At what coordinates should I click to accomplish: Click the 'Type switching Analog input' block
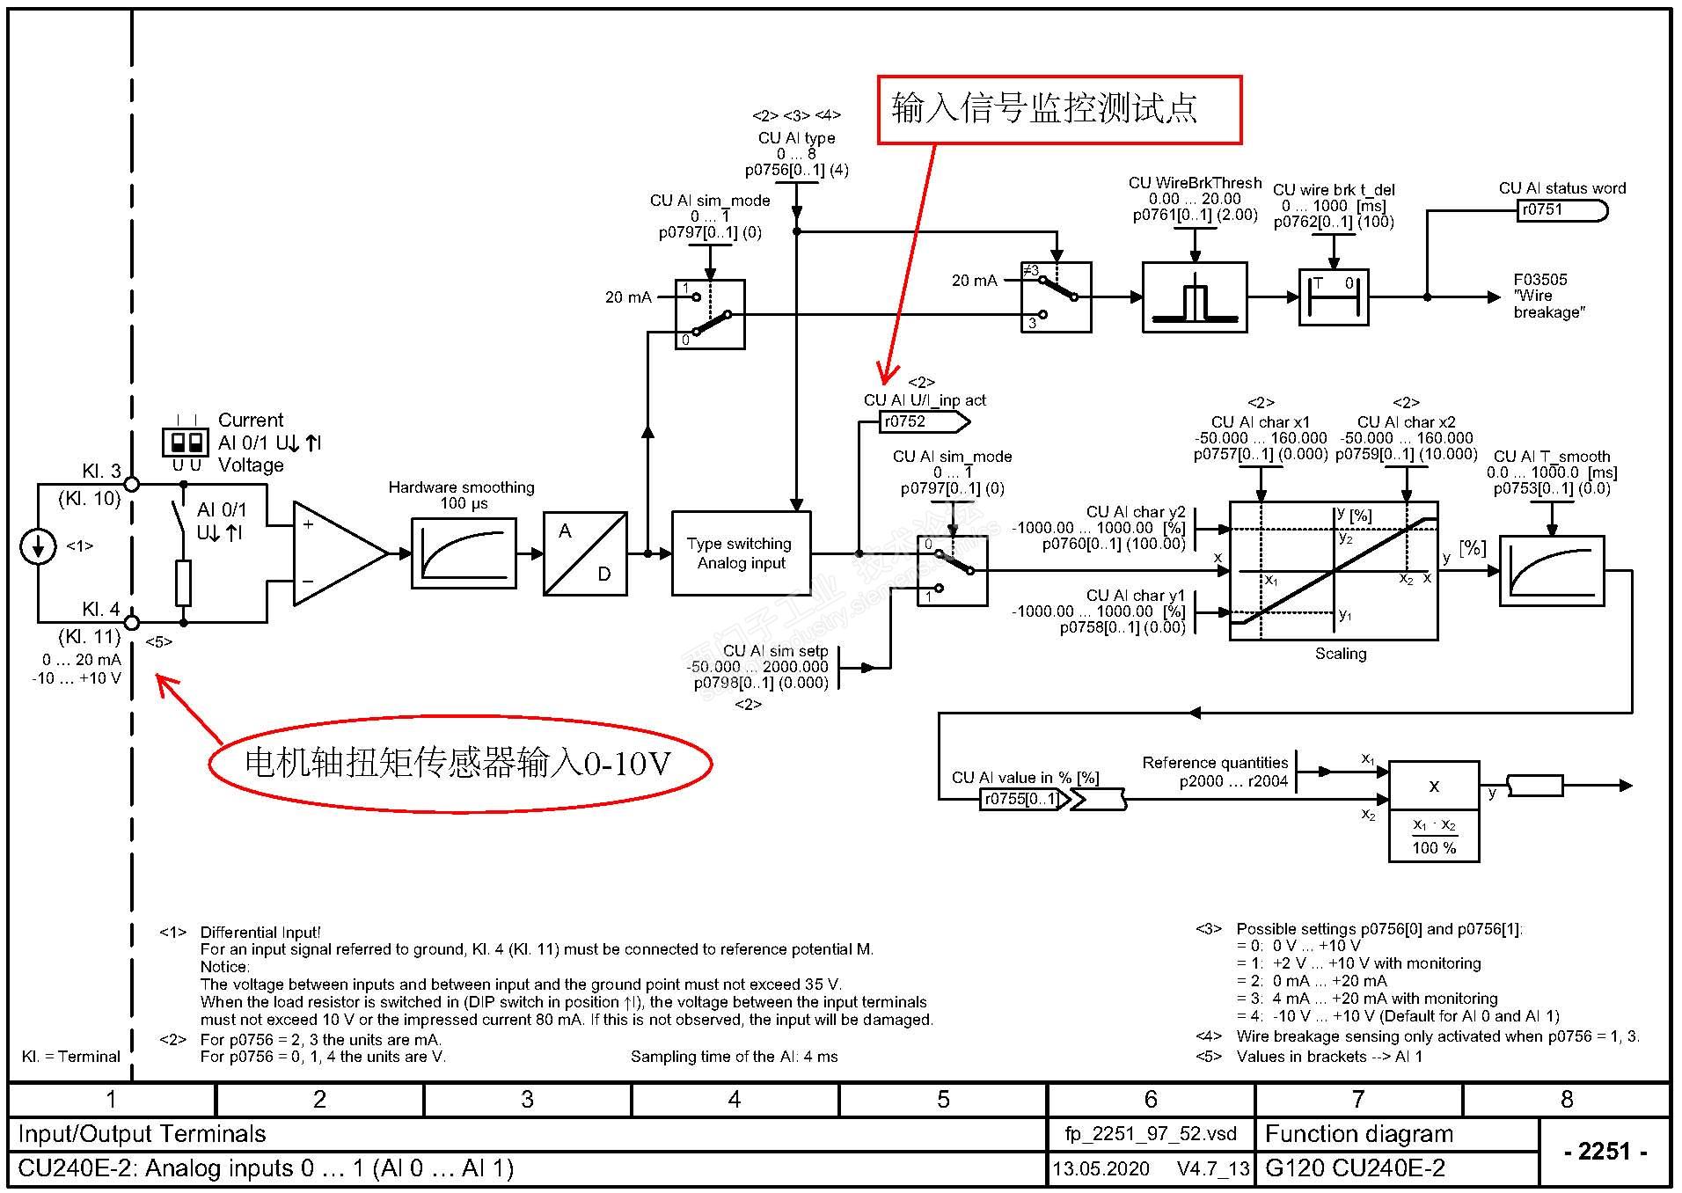[741, 553]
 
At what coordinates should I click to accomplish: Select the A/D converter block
[585, 553]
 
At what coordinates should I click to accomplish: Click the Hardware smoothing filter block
[464, 553]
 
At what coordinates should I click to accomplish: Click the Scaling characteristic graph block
[1333, 571]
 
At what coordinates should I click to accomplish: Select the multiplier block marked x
[1434, 786]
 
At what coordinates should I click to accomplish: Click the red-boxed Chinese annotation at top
[1059, 110]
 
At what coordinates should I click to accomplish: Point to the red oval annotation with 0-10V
[459, 763]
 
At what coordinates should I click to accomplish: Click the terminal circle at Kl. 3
[132, 484]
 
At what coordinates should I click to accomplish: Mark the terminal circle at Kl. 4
[132, 623]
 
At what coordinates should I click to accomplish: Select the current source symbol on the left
[38, 546]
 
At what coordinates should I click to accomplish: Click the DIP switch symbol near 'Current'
[186, 441]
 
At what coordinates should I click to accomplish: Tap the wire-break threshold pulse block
[1194, 297]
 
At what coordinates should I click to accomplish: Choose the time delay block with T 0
[1334, 297]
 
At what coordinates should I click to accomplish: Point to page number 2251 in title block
[1605, 1151]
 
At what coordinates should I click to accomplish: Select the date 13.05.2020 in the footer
[1101, 1168]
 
